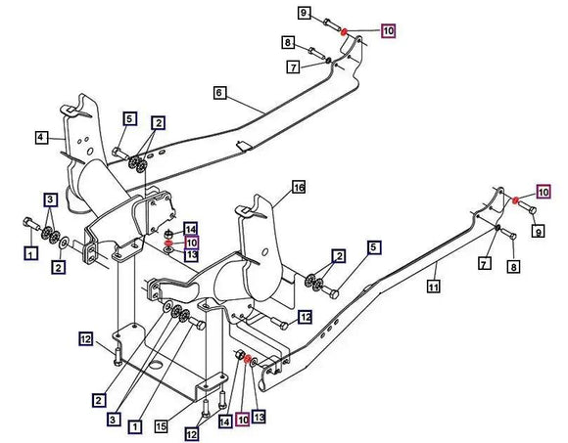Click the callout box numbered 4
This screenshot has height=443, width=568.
click(41, 138)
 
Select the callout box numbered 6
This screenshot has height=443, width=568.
click(219, 93)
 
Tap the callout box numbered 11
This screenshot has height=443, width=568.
click(434, 287)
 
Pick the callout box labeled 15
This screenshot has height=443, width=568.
click(162, 426)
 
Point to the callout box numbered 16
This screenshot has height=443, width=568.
click(299, 187)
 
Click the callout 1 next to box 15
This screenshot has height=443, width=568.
click(135, 427)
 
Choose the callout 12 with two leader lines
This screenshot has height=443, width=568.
click(192, 434)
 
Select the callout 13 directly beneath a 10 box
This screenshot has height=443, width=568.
click(191, 255)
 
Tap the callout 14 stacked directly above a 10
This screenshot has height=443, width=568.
click(191, 229)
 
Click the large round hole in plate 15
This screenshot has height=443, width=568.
click(158, 365)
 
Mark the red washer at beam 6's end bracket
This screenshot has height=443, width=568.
click(344, 32)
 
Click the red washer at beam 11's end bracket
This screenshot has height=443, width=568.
click(515, 199)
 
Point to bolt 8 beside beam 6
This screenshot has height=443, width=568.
click(316, 53)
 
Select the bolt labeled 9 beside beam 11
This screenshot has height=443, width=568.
click(528, 207)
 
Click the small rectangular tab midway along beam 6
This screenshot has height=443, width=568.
click(245, 146)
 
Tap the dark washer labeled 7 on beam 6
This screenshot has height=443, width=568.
click(327, 61)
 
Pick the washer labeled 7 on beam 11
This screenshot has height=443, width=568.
click(498, 228)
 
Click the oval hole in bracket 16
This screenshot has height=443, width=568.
click(265, 251)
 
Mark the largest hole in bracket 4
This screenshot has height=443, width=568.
click(90, 151)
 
